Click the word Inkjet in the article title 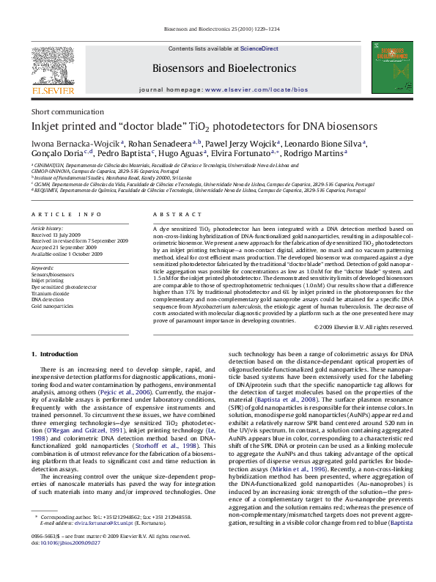point(46,125)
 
